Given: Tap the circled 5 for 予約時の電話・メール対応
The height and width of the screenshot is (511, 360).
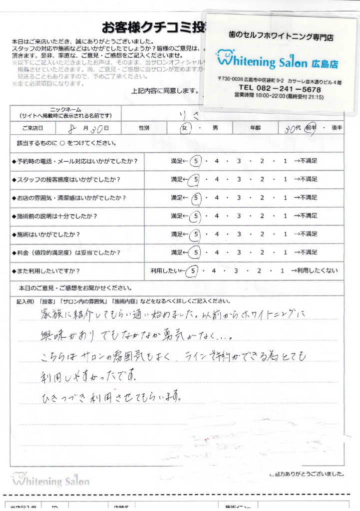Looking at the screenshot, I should point(196,161).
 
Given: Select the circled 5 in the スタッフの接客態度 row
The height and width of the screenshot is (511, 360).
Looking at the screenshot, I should point(196,179).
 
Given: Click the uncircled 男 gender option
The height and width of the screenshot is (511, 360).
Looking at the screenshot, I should point(215,128).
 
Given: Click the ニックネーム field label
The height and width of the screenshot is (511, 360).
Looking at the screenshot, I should point(65,109).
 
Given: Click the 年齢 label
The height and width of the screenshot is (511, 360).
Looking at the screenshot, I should point(255,128).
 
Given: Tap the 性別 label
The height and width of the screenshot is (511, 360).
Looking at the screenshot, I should point(144,128).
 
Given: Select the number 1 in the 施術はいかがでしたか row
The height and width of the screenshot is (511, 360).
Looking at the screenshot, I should point(285,234).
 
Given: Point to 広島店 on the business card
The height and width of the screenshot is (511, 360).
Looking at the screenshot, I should point(324,63).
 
